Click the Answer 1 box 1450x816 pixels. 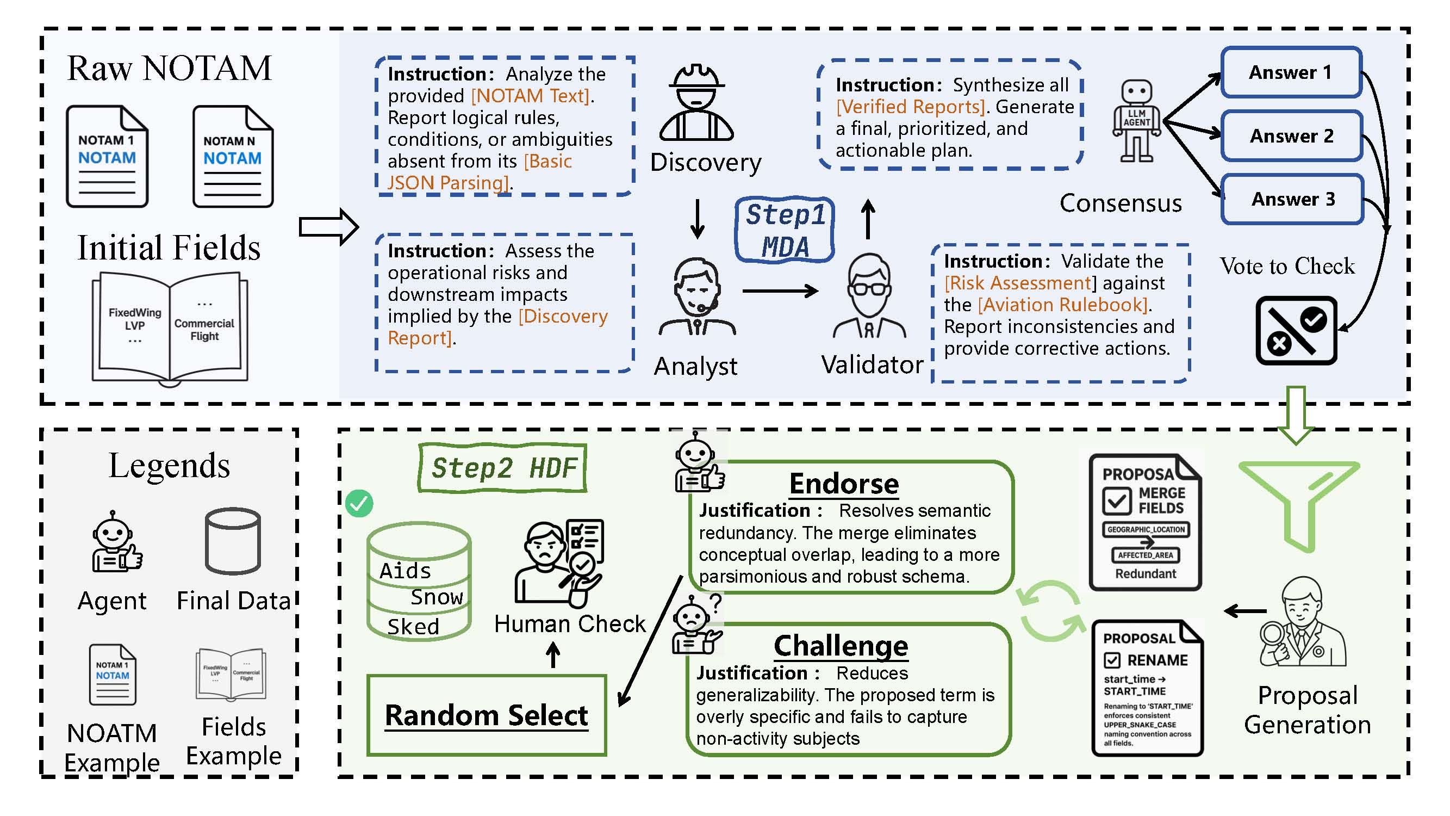[1291, 73]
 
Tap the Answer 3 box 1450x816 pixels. [1292, 199]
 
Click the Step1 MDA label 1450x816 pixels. [785, 230]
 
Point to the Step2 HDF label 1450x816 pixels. [503, 468]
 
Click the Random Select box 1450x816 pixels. [487, 715]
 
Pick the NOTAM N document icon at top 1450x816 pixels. [233, 157]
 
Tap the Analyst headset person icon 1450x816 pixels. [697, 297]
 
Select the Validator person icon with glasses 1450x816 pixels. [869, 295]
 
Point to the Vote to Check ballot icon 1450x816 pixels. [1296, 331]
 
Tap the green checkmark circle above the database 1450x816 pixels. [359, 503]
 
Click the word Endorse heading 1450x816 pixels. [844, 484]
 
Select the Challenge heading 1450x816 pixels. [841, 645]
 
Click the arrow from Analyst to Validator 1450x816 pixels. [780, 291]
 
